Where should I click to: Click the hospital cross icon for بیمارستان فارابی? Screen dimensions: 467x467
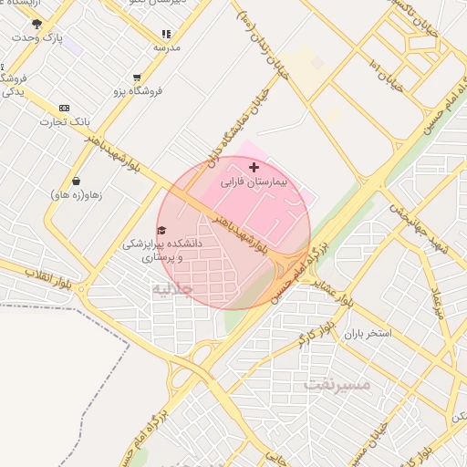[x=254, y=168]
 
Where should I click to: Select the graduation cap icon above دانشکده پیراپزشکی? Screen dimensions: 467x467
[x=161, y=231]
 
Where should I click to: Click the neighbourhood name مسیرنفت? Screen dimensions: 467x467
[x=337, y=385]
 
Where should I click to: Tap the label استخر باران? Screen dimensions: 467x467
[x=368, y=333]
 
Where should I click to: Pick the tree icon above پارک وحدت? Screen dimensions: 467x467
[x=36, y=24]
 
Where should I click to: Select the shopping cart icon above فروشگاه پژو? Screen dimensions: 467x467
[x=137, y=78]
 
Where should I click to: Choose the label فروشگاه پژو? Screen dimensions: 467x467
[x=138, y=91]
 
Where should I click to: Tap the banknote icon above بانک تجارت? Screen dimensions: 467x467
[x=63, y=108]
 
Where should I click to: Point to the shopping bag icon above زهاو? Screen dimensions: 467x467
[x=76, y=181]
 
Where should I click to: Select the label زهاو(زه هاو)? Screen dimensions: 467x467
[x=76, y=195]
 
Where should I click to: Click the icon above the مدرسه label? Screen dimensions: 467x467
[x=166, y=33]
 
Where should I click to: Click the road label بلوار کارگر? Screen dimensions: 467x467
[x=315, y=334]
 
